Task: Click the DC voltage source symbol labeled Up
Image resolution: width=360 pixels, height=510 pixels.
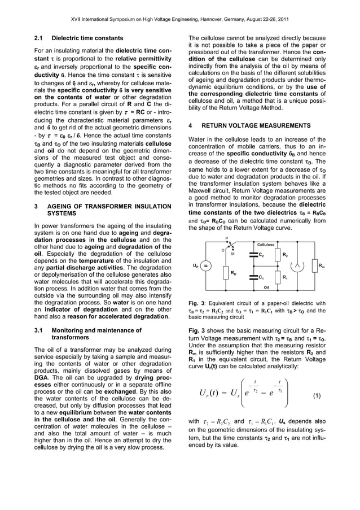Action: coord(207,266)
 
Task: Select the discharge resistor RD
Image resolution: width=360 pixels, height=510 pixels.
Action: coord(226,273)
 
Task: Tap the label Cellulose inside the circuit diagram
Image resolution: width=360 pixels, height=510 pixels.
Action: coord(266,245)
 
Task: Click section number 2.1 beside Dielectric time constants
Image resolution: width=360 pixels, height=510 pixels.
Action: coord(39,39)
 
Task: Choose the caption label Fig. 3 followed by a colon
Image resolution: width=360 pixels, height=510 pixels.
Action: coord(197,303)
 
